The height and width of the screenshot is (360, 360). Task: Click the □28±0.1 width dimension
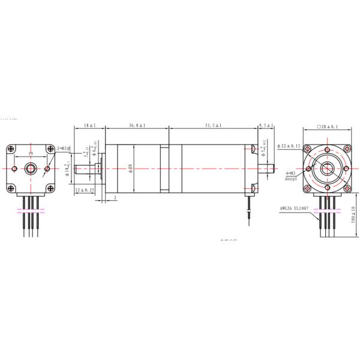(x=326, y=127)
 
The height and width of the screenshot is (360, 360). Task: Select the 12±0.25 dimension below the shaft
(x=85, y=190)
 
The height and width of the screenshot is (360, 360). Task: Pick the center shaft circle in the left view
(x=29, y=169)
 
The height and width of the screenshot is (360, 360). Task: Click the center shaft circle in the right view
(x=327, y=169)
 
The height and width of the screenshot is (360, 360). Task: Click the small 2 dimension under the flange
(x=115, y=197)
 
